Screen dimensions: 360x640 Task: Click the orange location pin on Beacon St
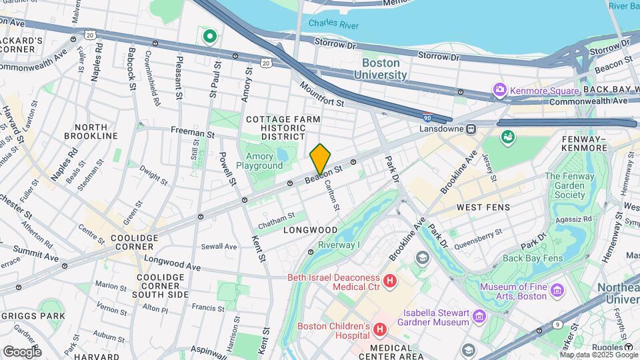coord(320,159)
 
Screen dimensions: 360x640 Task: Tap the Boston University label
coord(384,69)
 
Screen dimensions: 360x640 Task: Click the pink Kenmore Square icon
coord(499,89)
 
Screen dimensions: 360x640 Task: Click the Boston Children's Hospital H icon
coord(380,329)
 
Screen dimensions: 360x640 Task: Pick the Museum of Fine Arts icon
coord(557,289)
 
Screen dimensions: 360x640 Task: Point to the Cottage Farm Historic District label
coord(283,127)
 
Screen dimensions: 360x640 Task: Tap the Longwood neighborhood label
coord(310,230)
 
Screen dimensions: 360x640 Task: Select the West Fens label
coord(483,207)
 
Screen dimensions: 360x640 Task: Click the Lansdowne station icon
coord(471,129)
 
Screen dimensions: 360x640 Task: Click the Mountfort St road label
coord(321,95)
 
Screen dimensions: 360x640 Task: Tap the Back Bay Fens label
coord(533,258)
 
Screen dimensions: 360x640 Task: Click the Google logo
coord(22,351)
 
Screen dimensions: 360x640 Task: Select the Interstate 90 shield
coord(427,116)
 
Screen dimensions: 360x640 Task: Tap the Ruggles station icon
coord(629,347)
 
